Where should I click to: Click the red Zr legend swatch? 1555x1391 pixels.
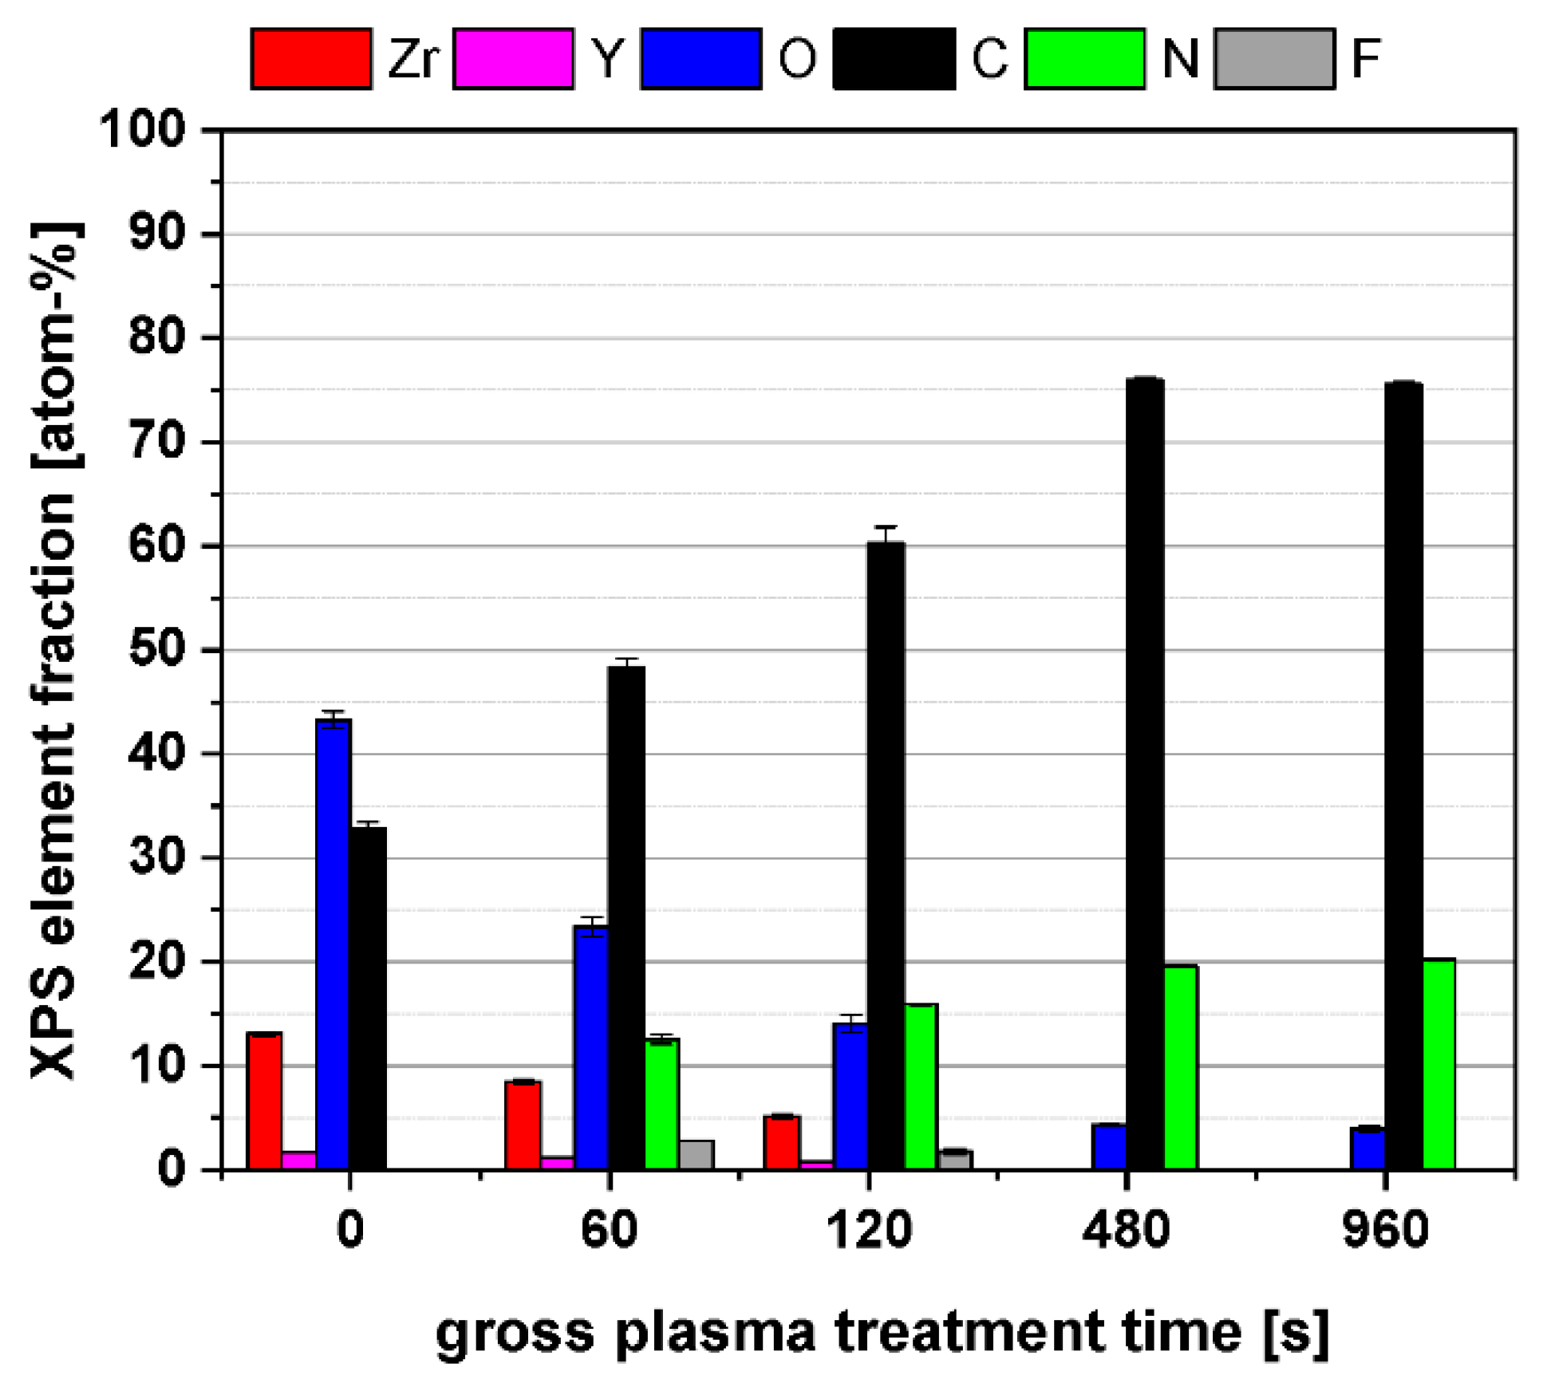[311, 58]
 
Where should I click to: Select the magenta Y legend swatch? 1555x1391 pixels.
[512, 58]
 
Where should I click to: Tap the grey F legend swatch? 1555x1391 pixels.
[1274, 58]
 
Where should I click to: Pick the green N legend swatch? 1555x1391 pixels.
[1084, 58]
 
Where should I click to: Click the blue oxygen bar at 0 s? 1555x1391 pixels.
[333, 945]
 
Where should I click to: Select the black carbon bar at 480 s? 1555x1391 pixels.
[1144, 774]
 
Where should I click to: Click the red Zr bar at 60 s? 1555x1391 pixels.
[523, 1125]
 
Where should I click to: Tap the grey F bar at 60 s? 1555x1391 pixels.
[696, 1156]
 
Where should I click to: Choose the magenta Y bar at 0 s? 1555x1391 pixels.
[298, 1160]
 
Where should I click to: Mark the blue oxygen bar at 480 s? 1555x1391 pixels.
[1109, 1147]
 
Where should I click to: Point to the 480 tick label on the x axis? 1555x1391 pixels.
[1126, 1229]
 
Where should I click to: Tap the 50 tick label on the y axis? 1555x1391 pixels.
[156, 650]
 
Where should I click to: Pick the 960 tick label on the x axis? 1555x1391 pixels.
[1385, 1229]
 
